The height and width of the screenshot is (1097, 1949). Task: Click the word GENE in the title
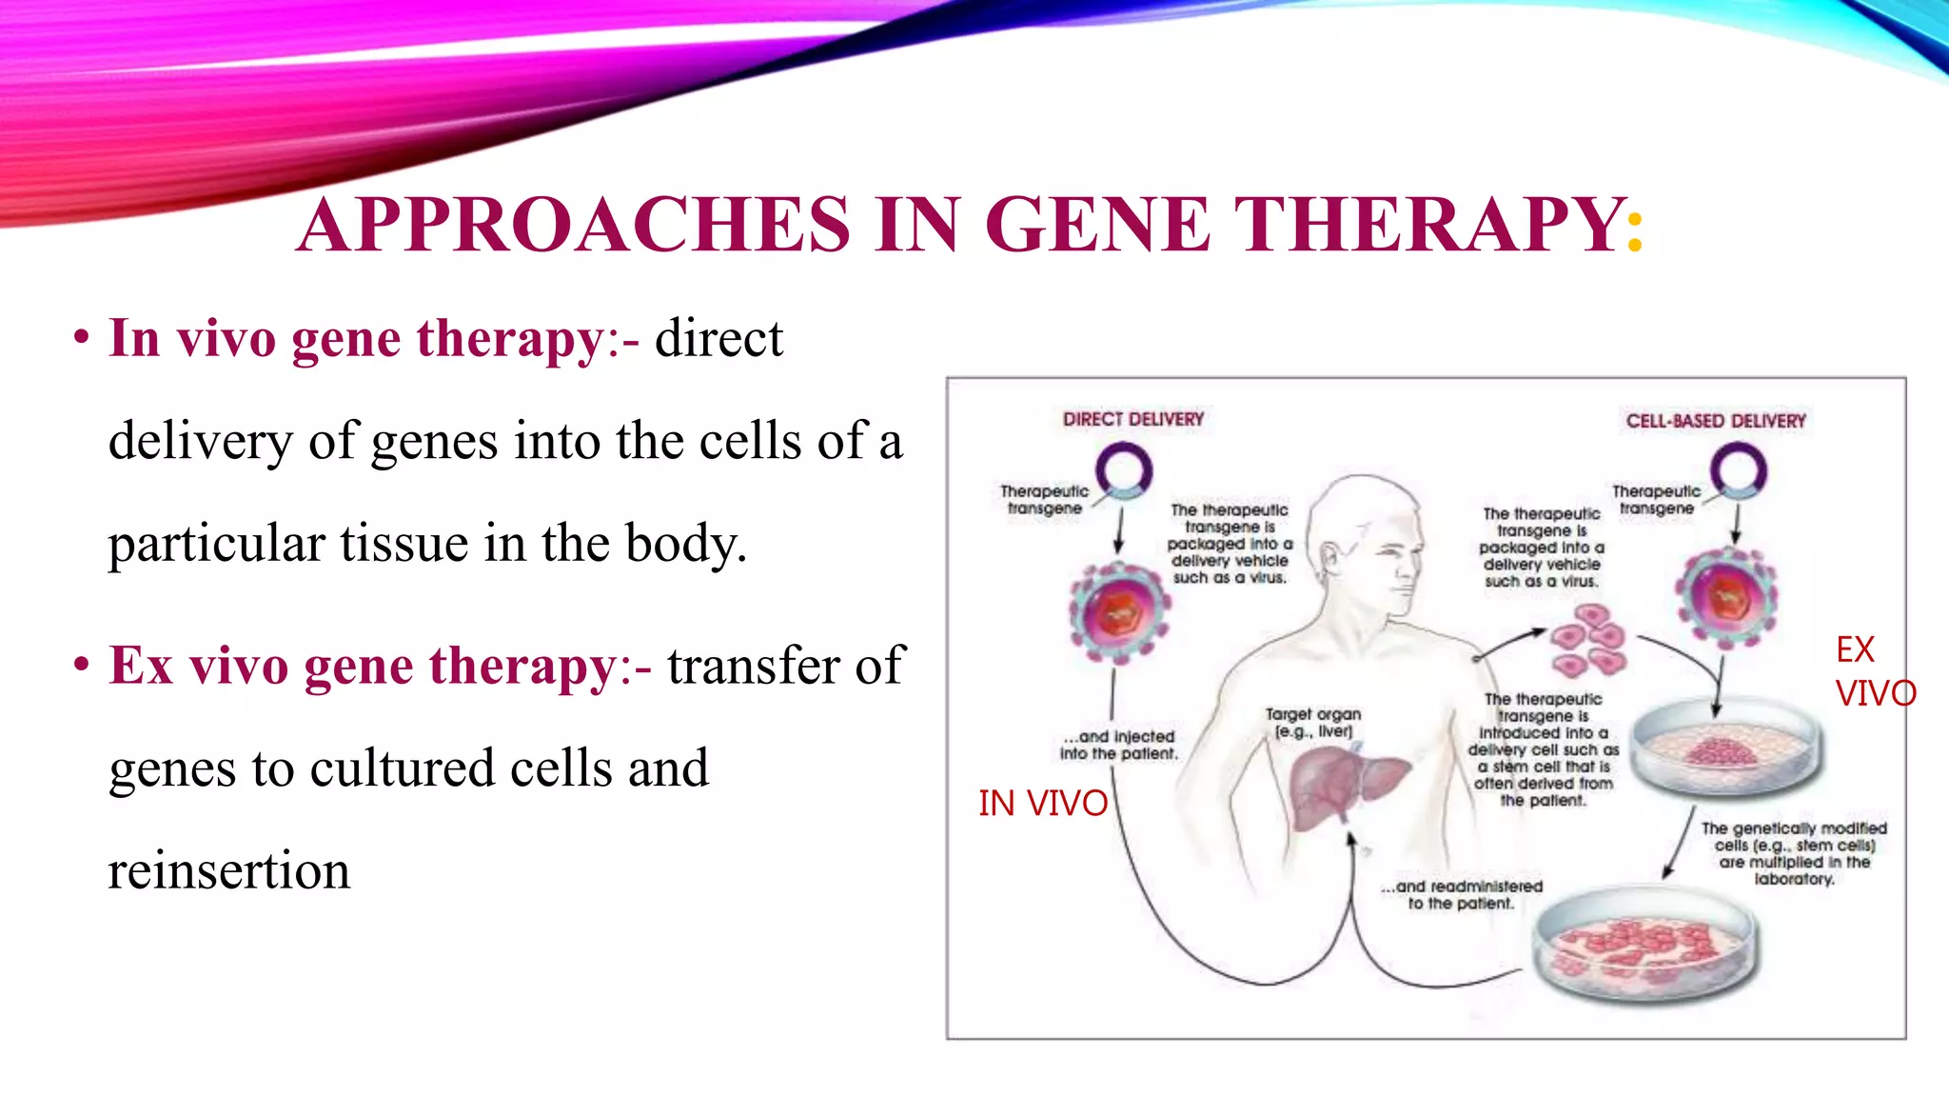coord(1096,225)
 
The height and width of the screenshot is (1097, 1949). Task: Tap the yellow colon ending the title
coord(1635,232)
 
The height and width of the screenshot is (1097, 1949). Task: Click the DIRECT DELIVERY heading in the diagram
coord(1132,419)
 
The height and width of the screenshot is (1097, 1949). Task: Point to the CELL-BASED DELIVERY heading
coord(1715,421)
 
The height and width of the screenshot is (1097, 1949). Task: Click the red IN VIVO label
coord(1043,804)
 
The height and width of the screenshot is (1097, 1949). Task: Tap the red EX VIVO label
coord(1873,671)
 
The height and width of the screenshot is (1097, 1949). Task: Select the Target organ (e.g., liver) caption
coord(1313,723)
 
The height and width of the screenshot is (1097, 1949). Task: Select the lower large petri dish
coord(1644,945)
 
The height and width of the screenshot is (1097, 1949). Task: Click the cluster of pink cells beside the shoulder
coord(1587,639)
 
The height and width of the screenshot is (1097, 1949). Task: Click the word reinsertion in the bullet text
coord(229,870)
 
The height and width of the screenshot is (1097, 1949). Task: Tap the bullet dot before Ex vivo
coord(82,665)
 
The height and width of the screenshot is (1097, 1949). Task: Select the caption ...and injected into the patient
coord(1119,745)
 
